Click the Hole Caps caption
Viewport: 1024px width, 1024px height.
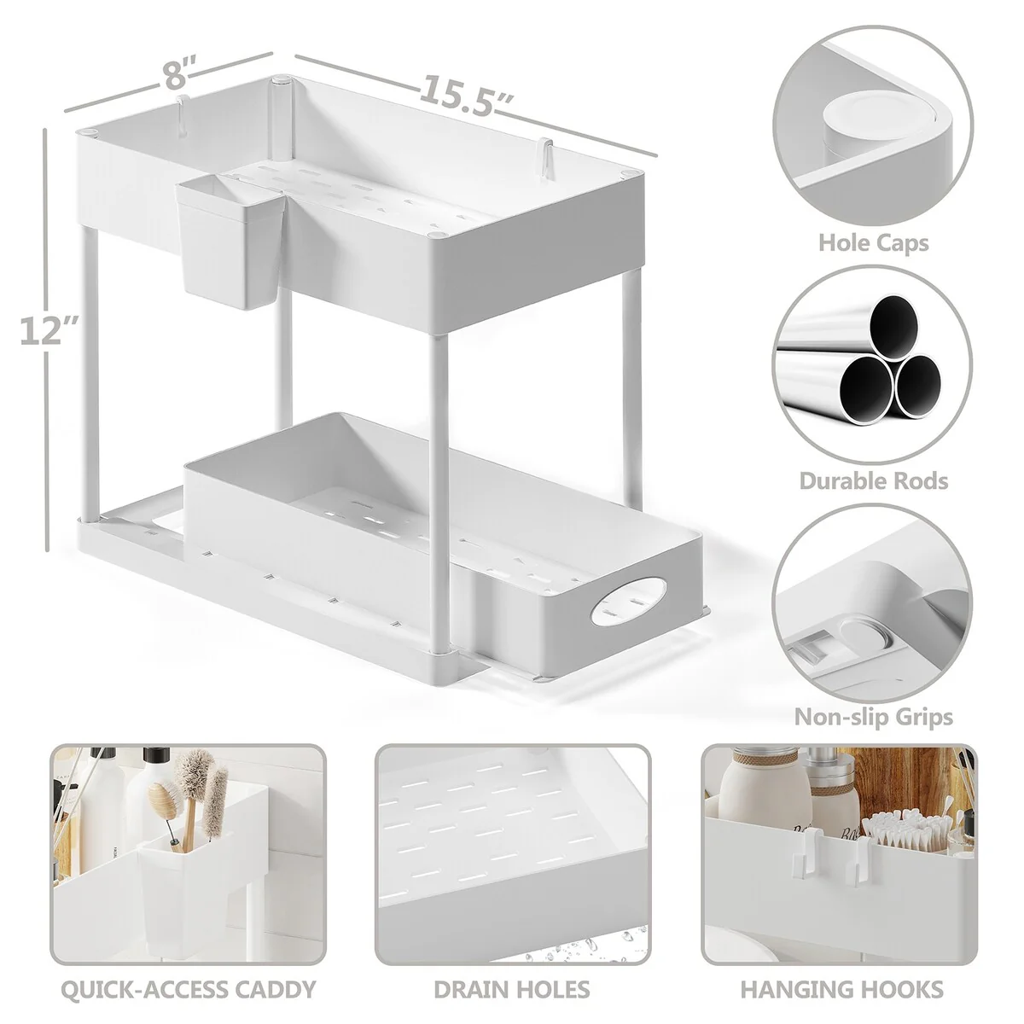873,243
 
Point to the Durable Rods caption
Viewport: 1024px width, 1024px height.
874,481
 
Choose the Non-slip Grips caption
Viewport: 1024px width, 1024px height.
874,718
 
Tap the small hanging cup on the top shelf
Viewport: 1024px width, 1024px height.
230,242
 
